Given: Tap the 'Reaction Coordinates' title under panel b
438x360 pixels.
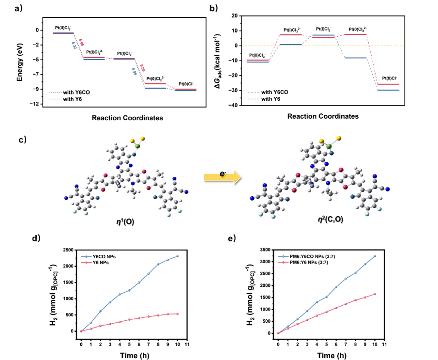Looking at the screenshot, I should pos(322,117).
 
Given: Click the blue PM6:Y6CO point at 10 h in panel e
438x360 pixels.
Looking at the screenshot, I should pos(375,256).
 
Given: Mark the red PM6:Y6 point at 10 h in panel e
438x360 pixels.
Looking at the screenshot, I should pos(375,294).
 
